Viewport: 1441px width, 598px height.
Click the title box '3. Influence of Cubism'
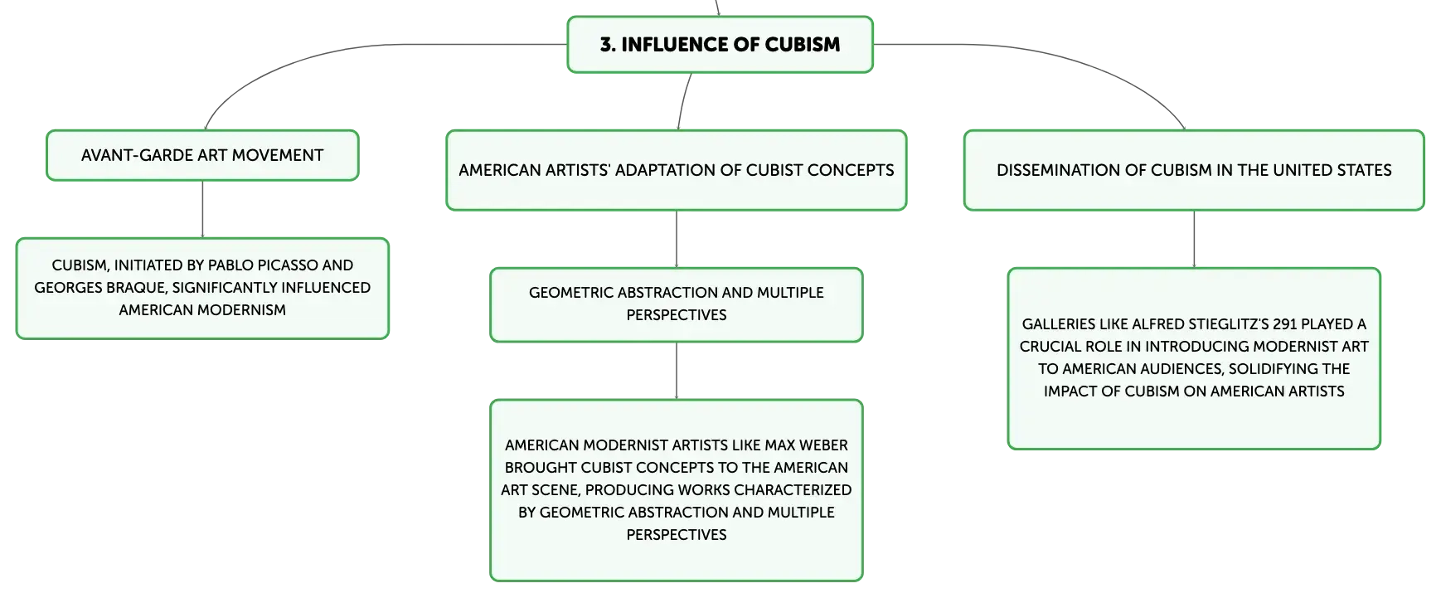[x=720, y=45]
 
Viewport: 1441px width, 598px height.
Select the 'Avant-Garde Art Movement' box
[x=202, y=155]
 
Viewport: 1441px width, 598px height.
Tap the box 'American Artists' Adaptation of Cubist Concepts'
[x=677, y=170]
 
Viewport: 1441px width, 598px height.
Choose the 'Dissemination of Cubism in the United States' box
[x=1194, y=170]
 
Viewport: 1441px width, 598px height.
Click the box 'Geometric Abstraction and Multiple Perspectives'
[x=677, y=304]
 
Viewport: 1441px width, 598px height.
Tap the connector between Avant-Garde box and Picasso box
[x=202, y=209]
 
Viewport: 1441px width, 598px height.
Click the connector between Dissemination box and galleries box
[x=1194, y=239]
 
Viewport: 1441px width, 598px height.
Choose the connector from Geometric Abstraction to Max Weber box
[x=677, y=371]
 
